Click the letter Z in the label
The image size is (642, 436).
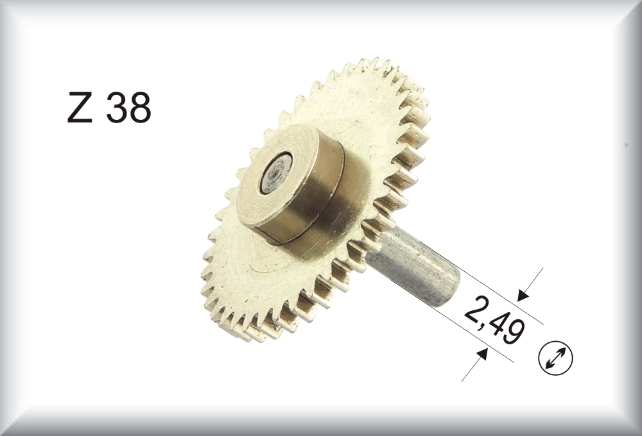coord(80,108)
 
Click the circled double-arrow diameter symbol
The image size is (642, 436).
coord(555,358)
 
